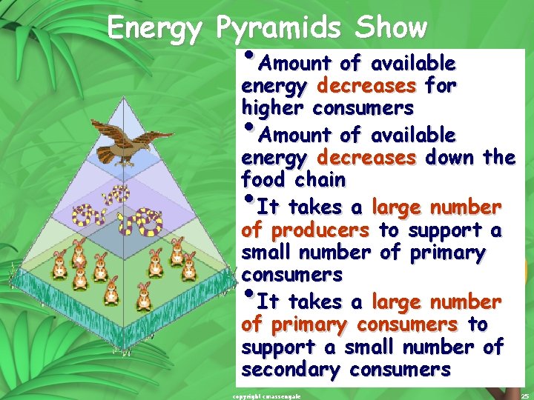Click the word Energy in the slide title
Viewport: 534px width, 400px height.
[154, 29]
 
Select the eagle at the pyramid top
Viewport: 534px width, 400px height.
[133, 144]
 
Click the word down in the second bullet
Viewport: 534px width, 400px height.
[450, 157]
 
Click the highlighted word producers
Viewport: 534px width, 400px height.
[321, 230]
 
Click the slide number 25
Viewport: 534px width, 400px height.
[524, 396]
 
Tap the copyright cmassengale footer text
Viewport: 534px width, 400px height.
[266, 396]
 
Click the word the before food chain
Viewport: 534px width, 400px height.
[498, 157]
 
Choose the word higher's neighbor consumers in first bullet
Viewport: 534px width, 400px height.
[363, 108]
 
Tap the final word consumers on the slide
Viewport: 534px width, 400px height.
[403, 369]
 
